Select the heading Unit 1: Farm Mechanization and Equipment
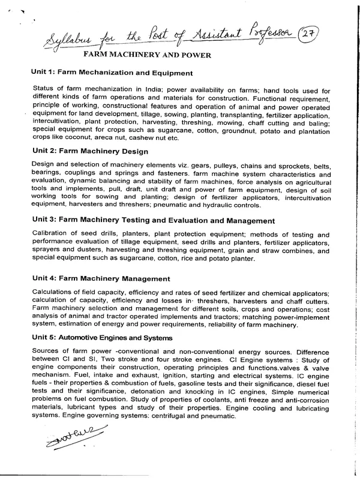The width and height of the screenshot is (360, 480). coord(112,73)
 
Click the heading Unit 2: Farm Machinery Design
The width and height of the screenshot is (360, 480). coord(90,151)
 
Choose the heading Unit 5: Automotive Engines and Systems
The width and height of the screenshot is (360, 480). coord(103,338)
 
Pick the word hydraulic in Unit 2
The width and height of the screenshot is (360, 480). coord(226,204)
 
